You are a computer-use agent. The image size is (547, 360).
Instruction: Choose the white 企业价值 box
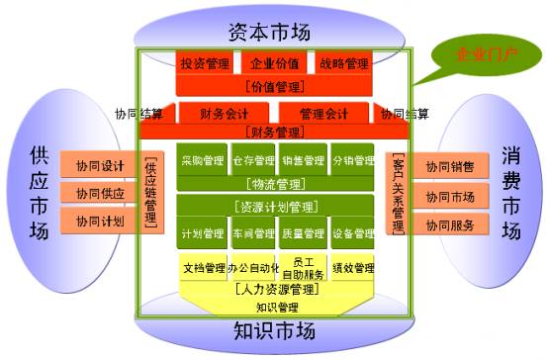pyautogui.click(x=274, y=64)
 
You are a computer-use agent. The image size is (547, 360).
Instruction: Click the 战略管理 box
pyautogui.click(x=343, y=64)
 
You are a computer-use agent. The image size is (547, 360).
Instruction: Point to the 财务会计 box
pyautogui.click(x=225, y=114)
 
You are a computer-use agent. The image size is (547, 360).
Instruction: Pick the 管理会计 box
pyautogui.click(x=322, y=114)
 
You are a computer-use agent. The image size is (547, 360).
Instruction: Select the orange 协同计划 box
pyautogui.click(x=99, y=221)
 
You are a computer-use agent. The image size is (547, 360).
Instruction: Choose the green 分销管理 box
pyautogui.click(x=351, y=160)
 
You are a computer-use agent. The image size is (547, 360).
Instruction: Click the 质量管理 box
pyautogui.click(x=302, y=234)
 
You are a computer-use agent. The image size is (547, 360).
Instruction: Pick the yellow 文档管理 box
pyautogui.click(x=203, y=267)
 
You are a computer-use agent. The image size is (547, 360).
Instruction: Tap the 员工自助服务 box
pyautogui.click(x=302, y=267)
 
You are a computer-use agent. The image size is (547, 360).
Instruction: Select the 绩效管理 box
pyautogui.click(x=351, y=267)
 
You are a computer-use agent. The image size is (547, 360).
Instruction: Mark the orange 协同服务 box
pyautogui.click(x=450, y=225)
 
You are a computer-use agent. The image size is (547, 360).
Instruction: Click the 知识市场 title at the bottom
pyautogui.click(x=274, y=329)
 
